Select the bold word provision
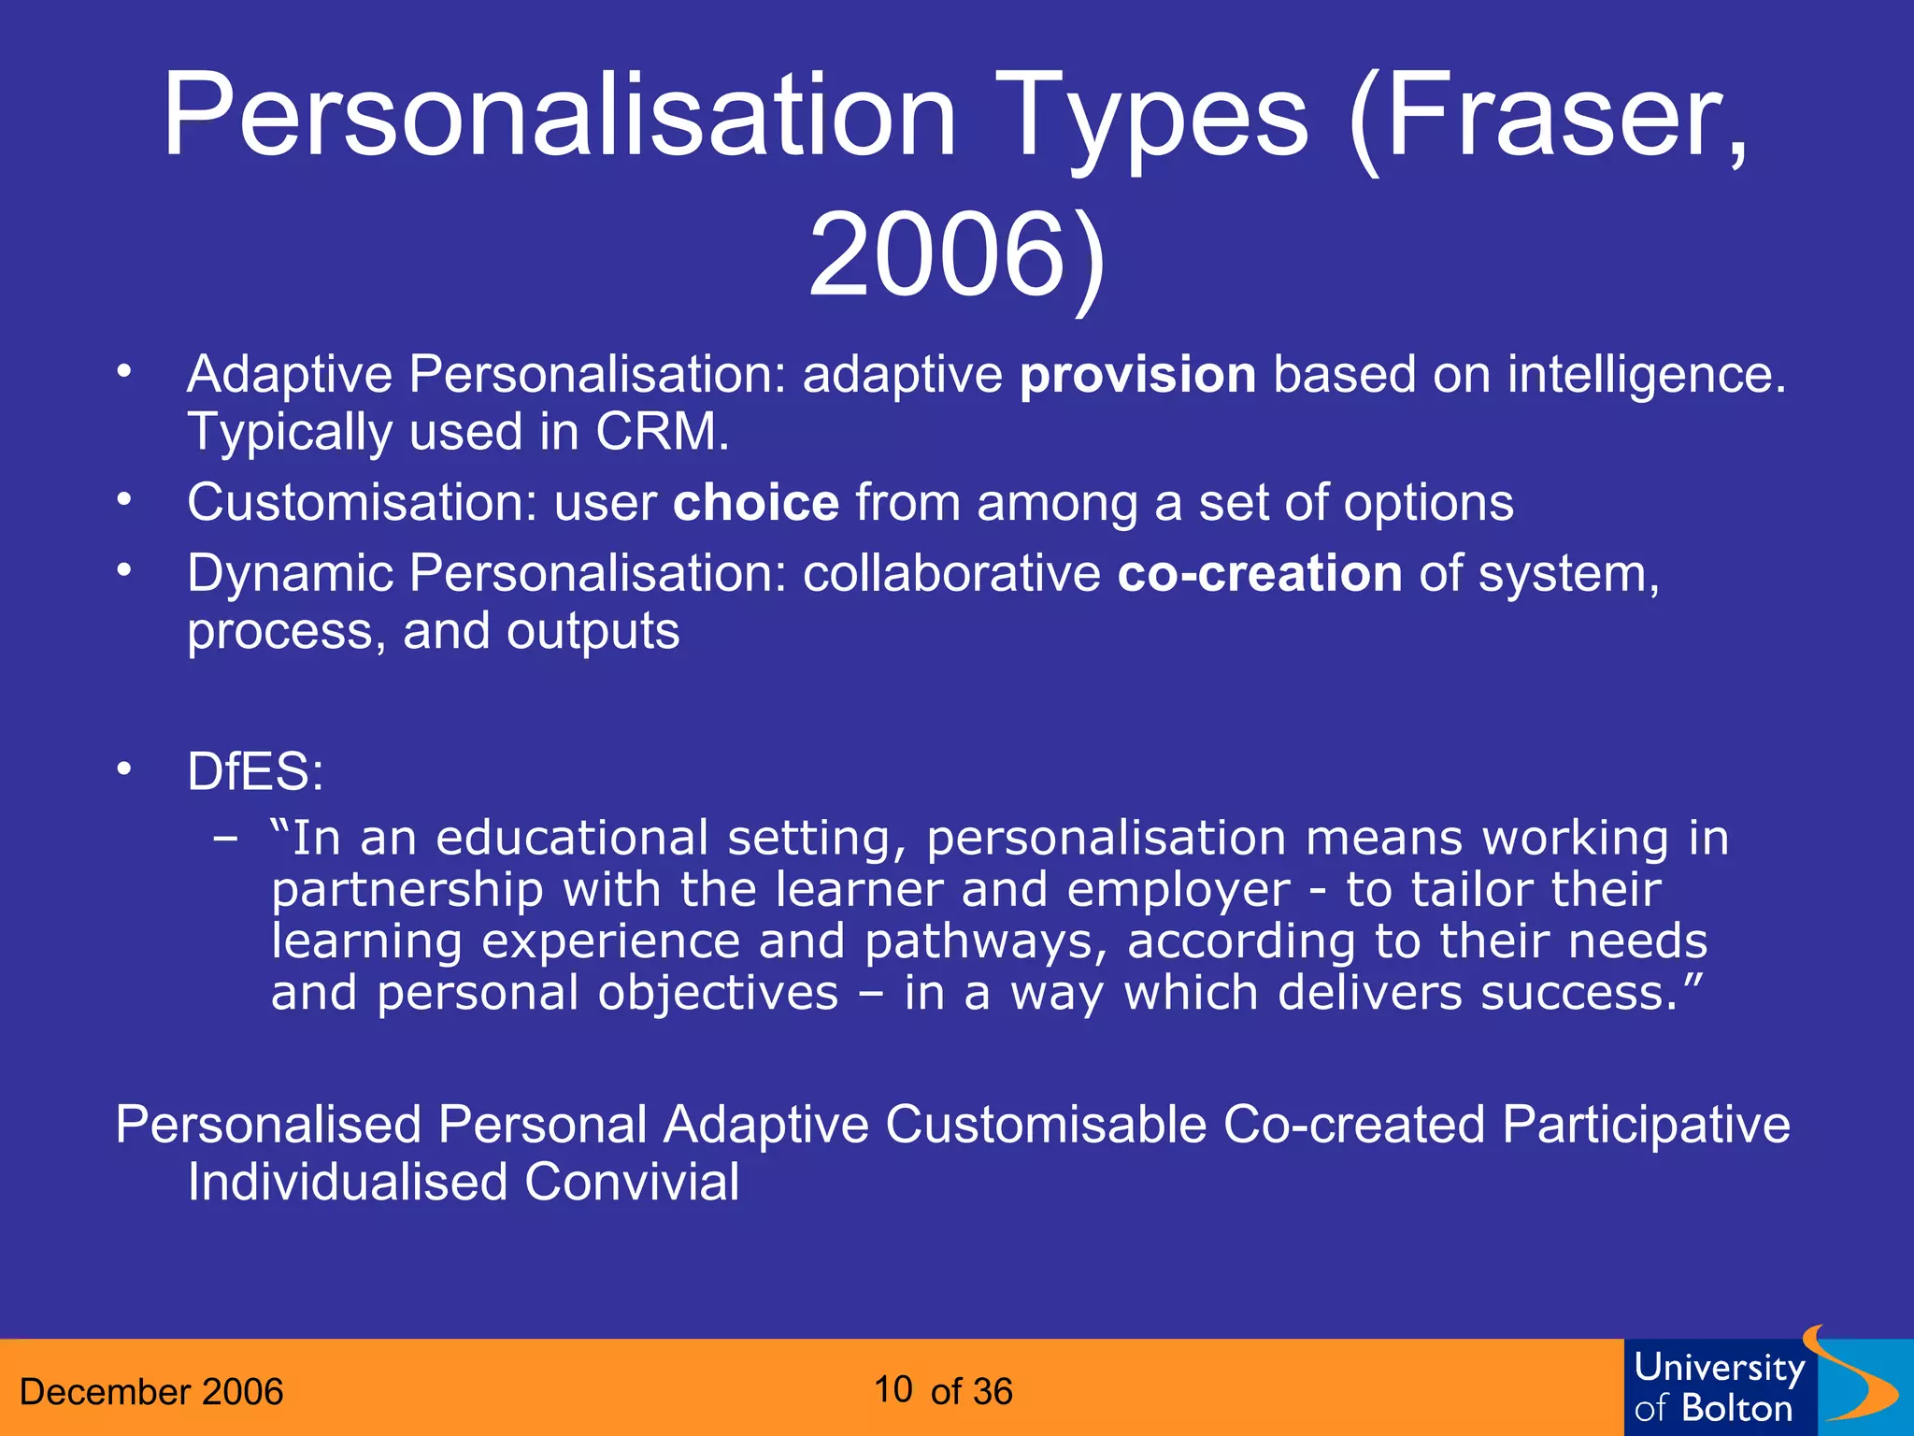click(1137, 376)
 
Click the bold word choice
click(756, 503)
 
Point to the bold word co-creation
click(1260, 573)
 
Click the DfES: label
click(255, 772)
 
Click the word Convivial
click(632, 1183)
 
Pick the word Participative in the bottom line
click(1646, 1124)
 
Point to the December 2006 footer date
click(151, 1392)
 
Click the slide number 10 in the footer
click(893, 1390)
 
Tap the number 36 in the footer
click(992, 1392)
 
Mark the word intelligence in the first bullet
click(1646, 376)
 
